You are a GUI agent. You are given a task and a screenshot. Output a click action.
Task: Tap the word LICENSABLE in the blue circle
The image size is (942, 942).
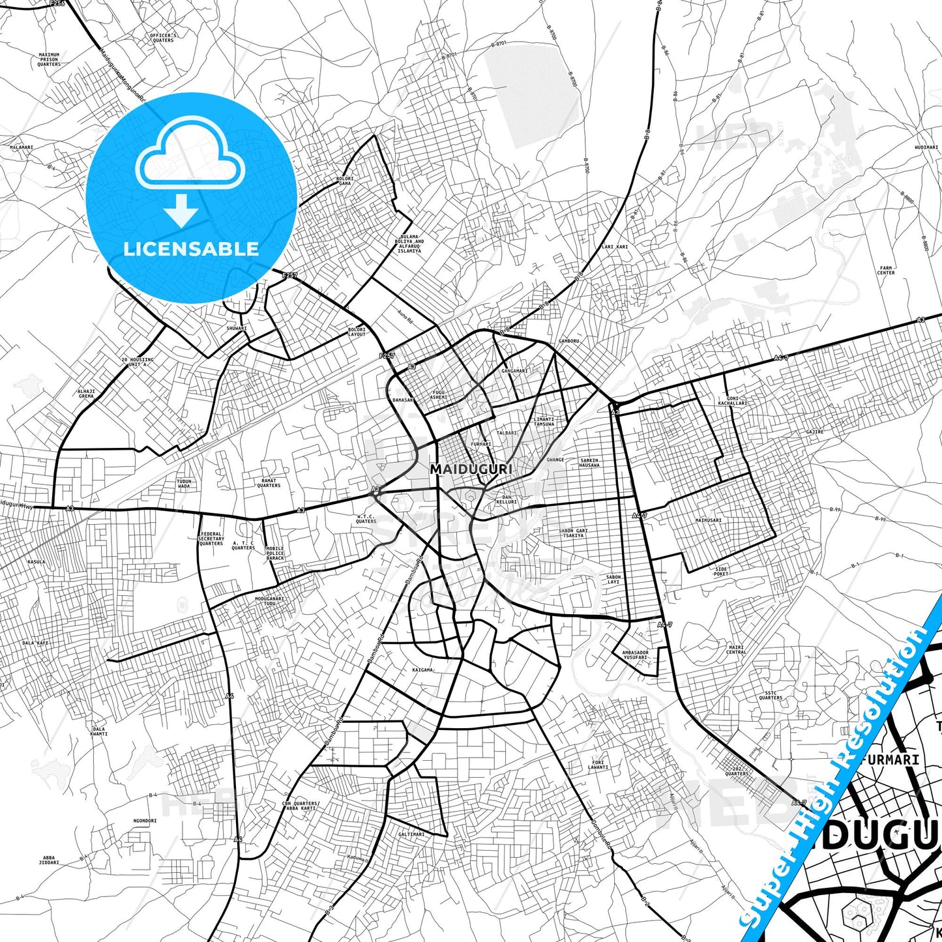pos(191,249)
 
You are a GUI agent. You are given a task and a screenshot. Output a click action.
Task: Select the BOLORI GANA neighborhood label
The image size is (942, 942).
pos(345,181)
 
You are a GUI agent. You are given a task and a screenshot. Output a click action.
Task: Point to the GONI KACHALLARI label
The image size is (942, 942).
pos(733,401)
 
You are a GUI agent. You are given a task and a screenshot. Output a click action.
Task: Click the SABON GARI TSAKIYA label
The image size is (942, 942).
pos(573,533)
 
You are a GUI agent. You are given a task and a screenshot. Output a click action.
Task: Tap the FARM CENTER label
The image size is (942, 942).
pos(886,270)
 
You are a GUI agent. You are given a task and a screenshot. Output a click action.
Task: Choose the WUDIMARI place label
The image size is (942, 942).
pos(926,147)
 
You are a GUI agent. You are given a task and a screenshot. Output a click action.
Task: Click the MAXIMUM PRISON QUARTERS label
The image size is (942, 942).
pos(49,59)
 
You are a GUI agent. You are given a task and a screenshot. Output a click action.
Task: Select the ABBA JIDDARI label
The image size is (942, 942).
pos(50,860)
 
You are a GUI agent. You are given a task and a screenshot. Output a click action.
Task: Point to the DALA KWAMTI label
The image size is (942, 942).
pos(99,731)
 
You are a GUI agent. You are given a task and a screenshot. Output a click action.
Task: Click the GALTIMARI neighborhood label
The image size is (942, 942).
pos(411,834)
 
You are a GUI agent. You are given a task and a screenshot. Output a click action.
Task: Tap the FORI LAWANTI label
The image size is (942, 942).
pos(598,765)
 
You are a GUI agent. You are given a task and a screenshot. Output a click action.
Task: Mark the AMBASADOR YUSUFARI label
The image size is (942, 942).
pos(635,655)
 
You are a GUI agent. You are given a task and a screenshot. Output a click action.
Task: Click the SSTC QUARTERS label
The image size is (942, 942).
pos(771,696)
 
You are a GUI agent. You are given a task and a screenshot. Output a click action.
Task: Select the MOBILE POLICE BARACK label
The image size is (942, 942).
pos(275,553)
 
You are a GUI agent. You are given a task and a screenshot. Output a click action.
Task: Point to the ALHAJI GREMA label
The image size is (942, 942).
pos(86,393)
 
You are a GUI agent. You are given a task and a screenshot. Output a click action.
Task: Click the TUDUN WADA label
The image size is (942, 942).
pos(184,483)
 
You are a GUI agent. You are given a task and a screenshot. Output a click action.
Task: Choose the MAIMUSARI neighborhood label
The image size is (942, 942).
pos(709,520)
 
